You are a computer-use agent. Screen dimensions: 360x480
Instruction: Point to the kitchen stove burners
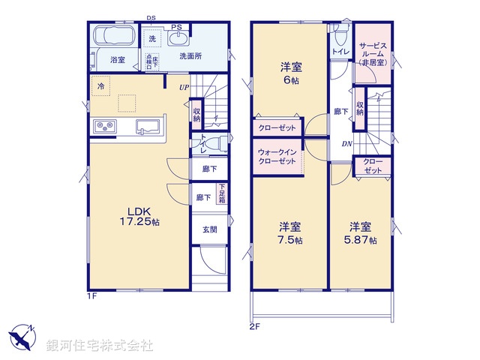click(x=103, y=126)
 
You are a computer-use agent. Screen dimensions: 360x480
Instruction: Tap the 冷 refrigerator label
click(x=100, y=86)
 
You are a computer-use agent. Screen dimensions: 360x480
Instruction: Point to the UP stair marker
click(x=184, y=88)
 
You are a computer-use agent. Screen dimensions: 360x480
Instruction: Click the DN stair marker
click(x=347, y=144)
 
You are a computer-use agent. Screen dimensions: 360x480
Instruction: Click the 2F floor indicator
click(x=256, y=326)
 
